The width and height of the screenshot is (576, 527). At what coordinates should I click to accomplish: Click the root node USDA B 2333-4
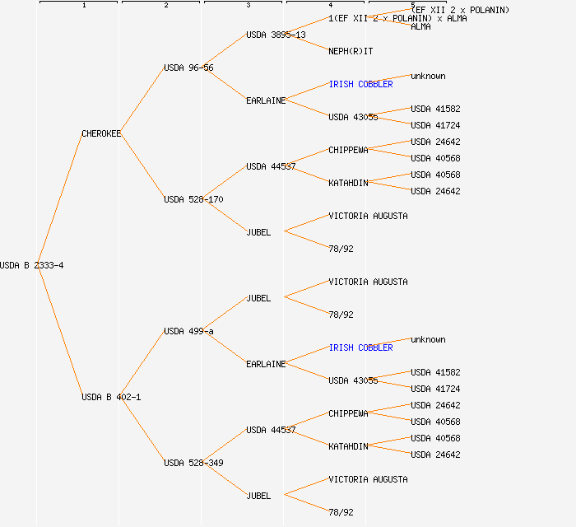point(32,265)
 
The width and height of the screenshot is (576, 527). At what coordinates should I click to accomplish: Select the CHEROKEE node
point(101,133)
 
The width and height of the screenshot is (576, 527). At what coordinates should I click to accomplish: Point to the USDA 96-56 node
point(188,68)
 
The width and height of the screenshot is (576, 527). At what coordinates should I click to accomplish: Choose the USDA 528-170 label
point(193,199)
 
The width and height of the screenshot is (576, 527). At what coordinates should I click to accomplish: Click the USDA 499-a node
point(188,331)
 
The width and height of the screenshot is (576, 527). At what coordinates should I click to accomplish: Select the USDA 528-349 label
point(193,463)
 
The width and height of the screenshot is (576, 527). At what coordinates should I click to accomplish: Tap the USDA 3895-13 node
point(276,35)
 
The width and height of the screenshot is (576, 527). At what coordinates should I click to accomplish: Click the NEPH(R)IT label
point(351,51)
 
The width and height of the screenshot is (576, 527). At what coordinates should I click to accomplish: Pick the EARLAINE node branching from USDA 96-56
point(266,100)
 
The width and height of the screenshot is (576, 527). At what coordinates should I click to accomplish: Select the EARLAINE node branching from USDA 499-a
point(266,364)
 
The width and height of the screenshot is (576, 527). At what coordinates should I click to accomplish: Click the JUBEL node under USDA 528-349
point(258,496)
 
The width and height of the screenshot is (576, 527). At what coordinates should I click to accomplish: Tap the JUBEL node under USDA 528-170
point(258,232)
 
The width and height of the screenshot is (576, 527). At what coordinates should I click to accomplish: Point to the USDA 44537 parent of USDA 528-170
point(271,166)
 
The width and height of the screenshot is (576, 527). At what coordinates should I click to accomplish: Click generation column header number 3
point(248,6)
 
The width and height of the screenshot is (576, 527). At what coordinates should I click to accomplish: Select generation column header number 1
point(83,6)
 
